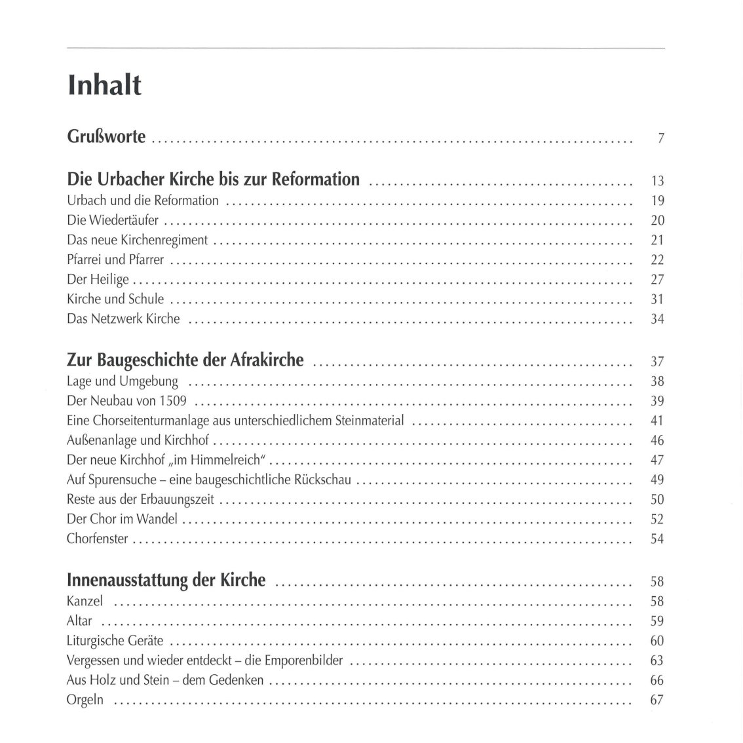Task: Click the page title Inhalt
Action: [x=105, y=85]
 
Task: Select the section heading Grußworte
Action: [x=107, y=138]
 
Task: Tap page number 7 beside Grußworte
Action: [x=661, y=139]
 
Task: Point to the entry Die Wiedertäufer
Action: [x=113, y=220]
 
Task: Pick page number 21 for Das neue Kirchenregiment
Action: [x=657, y=240]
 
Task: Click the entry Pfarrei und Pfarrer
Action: [x=115, y=259]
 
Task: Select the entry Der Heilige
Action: [x=98, y=279]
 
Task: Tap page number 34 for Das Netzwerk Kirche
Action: [x=657, y=319]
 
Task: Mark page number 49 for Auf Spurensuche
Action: [x=657, y=480]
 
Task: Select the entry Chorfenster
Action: [x=98, y=539]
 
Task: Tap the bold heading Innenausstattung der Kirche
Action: [x=166, y=581]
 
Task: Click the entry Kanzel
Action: [x=85, y=601]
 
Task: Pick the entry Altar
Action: [x=79, y=620]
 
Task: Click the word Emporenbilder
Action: [x=312, y=660]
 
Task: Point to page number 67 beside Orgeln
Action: [x=657, y=700]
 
